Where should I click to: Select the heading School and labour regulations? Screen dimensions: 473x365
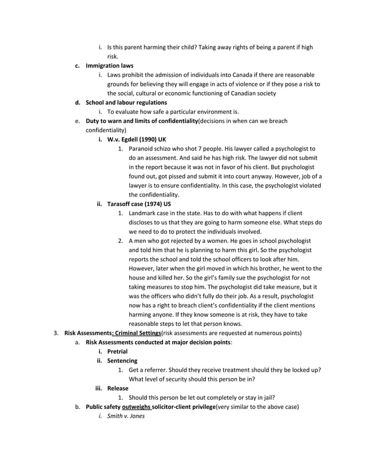[126, 103]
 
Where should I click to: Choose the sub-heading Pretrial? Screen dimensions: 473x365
[117, 351]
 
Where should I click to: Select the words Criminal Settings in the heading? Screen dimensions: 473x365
[137, 333]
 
